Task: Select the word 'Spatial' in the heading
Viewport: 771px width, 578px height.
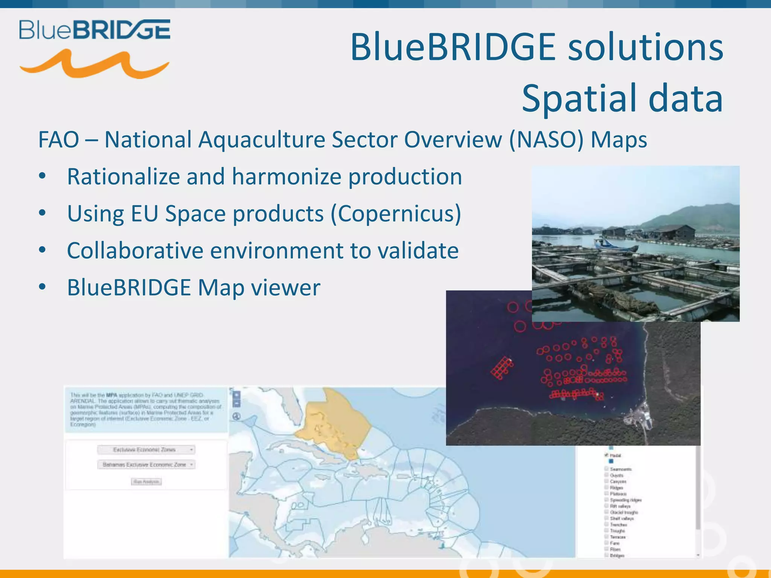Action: (580, 99)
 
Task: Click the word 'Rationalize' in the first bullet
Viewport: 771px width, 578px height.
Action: (123, 176)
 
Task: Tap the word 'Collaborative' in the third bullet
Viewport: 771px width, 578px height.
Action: (135, 251)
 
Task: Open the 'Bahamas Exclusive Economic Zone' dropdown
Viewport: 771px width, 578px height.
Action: (146, 465)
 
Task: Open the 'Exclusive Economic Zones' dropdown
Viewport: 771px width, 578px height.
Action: (146, 450)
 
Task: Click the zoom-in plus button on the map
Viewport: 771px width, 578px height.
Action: (236, 395)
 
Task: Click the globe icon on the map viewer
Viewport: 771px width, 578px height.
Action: (236, 416)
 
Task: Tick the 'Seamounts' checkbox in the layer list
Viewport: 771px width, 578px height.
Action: (606, 469)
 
